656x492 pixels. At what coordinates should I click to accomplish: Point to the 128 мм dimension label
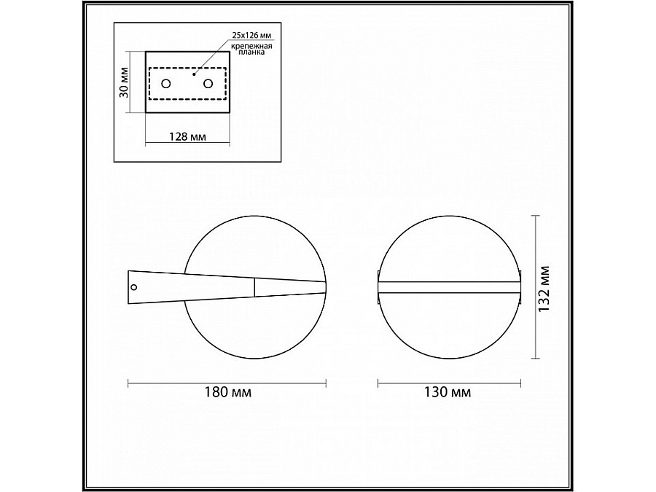click(x=188, y=136)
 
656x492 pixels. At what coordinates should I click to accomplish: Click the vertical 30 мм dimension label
click(x=124, y=82)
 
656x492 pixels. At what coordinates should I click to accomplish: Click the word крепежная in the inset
click(x=252, y=46)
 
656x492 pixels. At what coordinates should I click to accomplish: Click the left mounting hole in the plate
click(x=166, y=84)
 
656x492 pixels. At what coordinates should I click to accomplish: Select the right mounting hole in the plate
click(x=209, y=84)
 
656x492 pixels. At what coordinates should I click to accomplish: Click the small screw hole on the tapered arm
click(x=133, y=287)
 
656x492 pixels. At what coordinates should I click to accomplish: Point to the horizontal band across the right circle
click(x=450, y=286)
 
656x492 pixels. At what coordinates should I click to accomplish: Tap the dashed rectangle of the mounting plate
click(x=188, y=98)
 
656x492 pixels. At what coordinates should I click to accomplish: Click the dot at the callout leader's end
click(x=194, y=74)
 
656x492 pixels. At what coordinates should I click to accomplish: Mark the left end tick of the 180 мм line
click(x=128, y=382)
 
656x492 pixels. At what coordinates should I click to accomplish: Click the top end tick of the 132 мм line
click(x=536, y=216)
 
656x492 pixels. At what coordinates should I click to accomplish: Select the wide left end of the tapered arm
click(x=129, y=287)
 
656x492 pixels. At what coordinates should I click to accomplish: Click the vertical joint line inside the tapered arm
click(x=254, y=287)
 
